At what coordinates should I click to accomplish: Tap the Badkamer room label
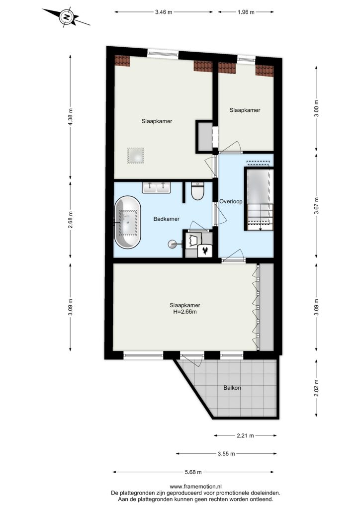click(x=166, y=219)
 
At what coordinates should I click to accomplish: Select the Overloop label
click(x=231, y=202)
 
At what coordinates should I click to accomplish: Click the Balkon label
click(x=232, y=388)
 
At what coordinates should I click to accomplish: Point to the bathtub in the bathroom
click(x=128, y=222)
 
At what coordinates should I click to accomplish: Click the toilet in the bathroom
click(x=197, y=191)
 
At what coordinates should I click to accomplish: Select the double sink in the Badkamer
click(x=156, y=187)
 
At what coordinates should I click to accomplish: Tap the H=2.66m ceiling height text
click(x=184, y=312)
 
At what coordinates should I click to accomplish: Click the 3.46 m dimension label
click(x=164, y=12)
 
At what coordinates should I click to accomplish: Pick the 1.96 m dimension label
click(x=246, y=12)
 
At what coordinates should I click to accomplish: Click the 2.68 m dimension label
click(x=71, y=220)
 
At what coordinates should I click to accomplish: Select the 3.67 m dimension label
click(x=317, y=206)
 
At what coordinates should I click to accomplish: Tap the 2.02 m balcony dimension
click(x=317, y=388)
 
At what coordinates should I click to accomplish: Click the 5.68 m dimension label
click(x=193, y=472)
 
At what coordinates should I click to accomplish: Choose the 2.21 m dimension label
click(x=246, y=435)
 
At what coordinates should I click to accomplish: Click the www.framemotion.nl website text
click(x=195, y=487)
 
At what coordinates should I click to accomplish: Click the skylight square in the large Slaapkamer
click(x=135, y=156)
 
